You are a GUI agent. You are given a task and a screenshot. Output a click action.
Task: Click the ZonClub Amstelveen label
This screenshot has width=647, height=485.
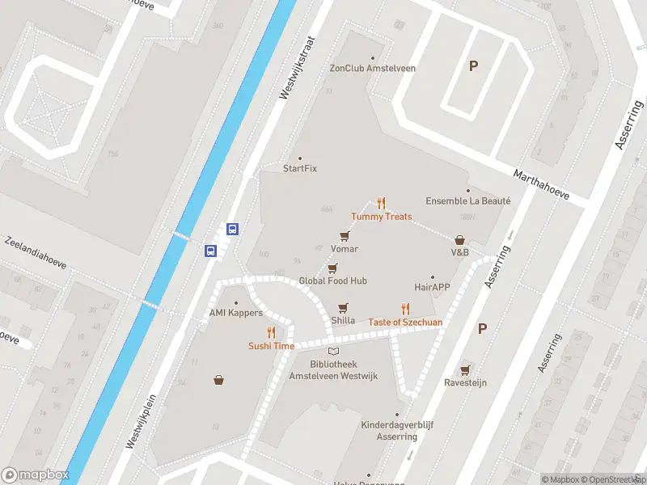pos(372,68)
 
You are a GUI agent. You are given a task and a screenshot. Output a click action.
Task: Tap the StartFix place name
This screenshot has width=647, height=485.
pos(299,168)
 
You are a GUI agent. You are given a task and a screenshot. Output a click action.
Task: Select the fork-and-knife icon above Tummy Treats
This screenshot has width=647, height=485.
pos(381,204)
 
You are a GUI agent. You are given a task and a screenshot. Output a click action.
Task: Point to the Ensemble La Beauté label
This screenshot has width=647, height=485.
pos(468,200)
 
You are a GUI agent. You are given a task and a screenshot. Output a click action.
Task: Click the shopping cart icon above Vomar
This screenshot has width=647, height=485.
pos(345,236)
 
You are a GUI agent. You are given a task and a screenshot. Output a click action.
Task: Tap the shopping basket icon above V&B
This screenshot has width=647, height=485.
pos(459,240)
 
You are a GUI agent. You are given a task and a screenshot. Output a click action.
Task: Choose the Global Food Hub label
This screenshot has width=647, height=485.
pos(332,280)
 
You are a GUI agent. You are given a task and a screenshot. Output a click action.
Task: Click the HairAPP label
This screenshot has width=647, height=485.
pos(432,287)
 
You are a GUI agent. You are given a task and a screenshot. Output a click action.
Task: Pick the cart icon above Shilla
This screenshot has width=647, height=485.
pos(343,308)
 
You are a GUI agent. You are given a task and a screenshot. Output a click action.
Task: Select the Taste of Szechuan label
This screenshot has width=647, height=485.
pos(405,323)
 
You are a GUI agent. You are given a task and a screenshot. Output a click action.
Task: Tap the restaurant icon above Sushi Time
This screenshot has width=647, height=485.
pos(271,332)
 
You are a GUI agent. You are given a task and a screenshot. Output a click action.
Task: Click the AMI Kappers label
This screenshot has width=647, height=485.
pos(235,313)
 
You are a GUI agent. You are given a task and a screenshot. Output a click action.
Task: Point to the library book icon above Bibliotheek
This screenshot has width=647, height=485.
pos(333,352)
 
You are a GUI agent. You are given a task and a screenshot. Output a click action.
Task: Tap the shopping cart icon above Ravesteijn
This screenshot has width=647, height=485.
pos(465,370)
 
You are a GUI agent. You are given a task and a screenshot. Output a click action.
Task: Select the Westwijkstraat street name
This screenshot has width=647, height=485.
pos(295,67)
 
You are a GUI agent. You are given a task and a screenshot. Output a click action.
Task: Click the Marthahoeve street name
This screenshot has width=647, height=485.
pos(541,185)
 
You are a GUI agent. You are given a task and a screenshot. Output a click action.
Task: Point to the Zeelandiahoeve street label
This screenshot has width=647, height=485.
pos(35,253)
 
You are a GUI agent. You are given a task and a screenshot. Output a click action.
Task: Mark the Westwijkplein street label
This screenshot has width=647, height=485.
pos(140,421)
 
